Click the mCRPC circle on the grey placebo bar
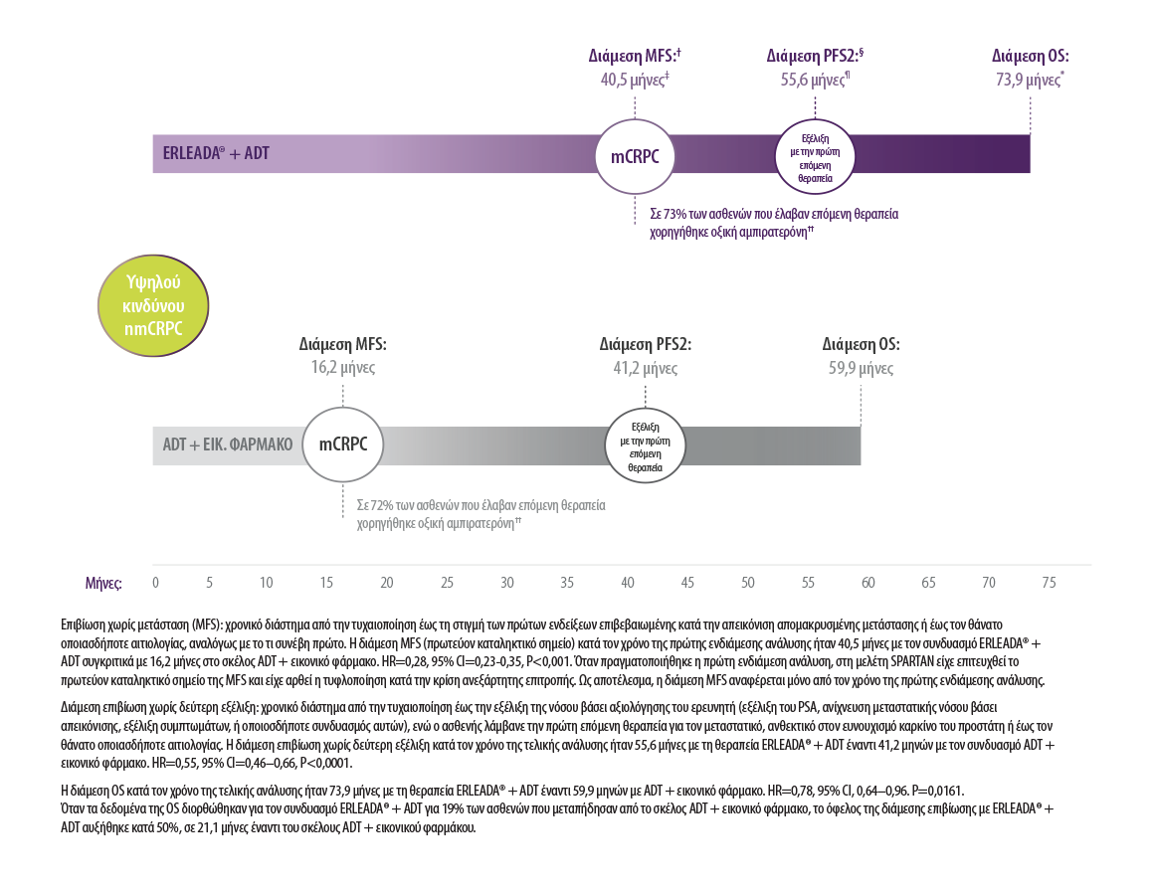(343, 445)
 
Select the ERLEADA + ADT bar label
(216, 154)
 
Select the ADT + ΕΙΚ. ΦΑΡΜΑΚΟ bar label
(228, 445)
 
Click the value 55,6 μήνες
(814, 81)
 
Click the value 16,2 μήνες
(343, 367)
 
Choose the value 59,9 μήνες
(861, 367)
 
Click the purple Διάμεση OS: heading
(1031, 57)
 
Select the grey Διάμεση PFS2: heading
(645, 344)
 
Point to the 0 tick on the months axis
(155, 582)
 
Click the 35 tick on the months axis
(567, 582)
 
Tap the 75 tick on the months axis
(1048, 582)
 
